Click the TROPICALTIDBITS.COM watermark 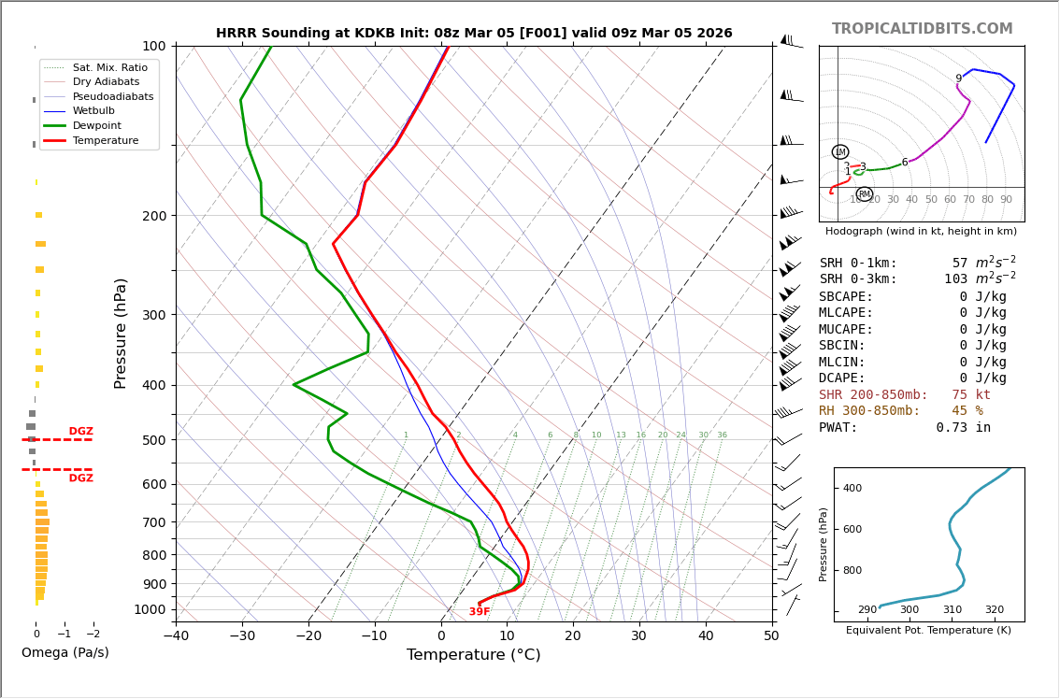pos(922,29)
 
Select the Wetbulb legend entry pos(93,111)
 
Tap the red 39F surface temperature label pos(480,612)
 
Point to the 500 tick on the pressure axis pos(153,440)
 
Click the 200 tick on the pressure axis pos(153,216)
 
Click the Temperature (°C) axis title pos(473,656)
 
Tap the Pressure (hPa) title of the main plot pos(121,333)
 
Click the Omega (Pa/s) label pos(64,653)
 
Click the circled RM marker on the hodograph pos(865,194)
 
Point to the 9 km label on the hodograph pos(958,79)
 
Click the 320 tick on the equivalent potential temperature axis pos(994,610)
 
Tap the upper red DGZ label pos(80,432)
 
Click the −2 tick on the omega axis pos(92,635)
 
